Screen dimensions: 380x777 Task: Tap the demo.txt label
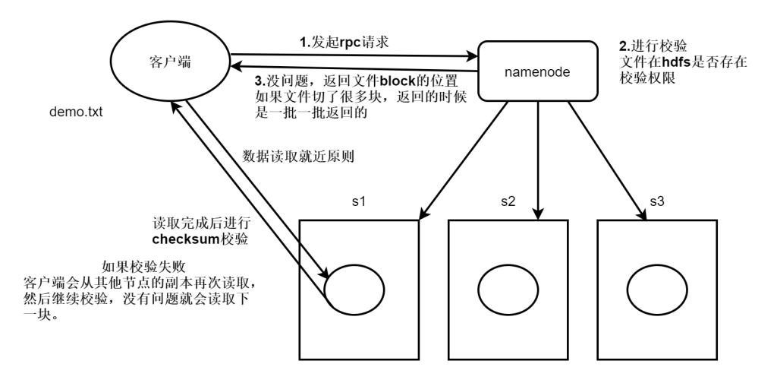[75, 112]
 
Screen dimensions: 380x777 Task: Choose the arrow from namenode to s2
[538, 160]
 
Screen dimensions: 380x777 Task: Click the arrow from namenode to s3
[608, 160]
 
